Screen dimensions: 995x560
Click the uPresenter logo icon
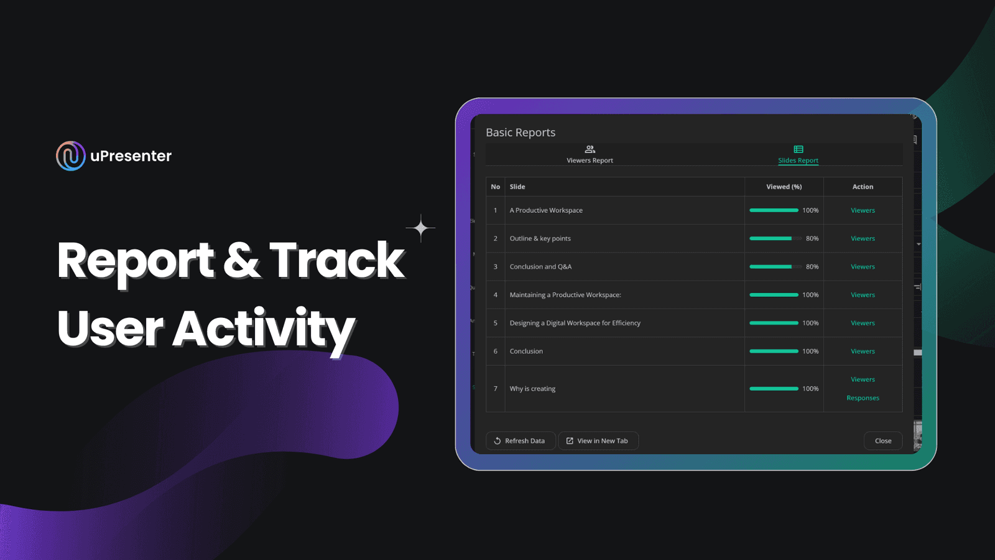(71, 156)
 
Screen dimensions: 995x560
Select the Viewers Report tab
(590, 154)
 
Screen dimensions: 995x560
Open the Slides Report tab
(798, 154)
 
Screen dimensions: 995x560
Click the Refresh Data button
(520, 441)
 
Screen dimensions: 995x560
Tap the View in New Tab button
(598, 441)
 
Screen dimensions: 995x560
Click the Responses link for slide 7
(863, 398)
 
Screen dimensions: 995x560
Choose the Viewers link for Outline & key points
(863, 238)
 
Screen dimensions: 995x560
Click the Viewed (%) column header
(784, 187)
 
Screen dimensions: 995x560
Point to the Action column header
(863, 187)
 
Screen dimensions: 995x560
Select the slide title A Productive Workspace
(546, 210)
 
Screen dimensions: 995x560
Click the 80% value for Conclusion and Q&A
(812, 267)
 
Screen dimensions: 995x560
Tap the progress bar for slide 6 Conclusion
(774, 351)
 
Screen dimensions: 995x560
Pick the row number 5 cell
(495, 323)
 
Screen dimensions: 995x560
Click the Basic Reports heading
(521, 133)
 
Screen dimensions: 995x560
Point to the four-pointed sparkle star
(420, 228)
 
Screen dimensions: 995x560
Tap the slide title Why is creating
(532, 388)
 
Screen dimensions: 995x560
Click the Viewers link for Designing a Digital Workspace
(863, 323)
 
